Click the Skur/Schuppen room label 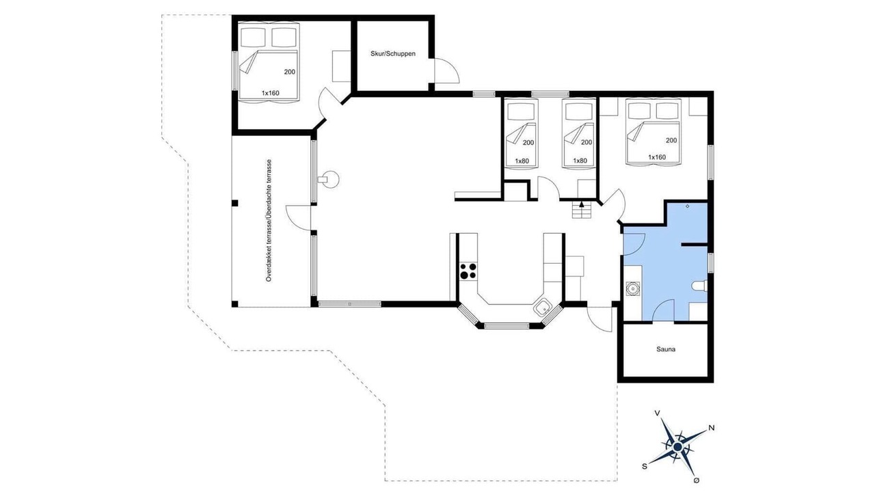click(x=392, y=54)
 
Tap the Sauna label click(x=666, y=349)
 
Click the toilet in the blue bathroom click(x=699, y=286)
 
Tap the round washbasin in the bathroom click(x=632, y=288)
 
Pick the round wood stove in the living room click(x=329, y=180)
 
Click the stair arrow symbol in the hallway click(x=582, y=204)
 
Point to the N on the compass click(x=712, y=428)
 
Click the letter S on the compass click(x=645, y=466)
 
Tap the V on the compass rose click(x=658, y=413)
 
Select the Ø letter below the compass click(x=696, y=480)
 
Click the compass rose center click(x=677, y=446)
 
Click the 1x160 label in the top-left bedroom click(x=270, y=94)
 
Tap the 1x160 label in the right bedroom click(x=657, y=157)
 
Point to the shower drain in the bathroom click(x=688, y=206)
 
